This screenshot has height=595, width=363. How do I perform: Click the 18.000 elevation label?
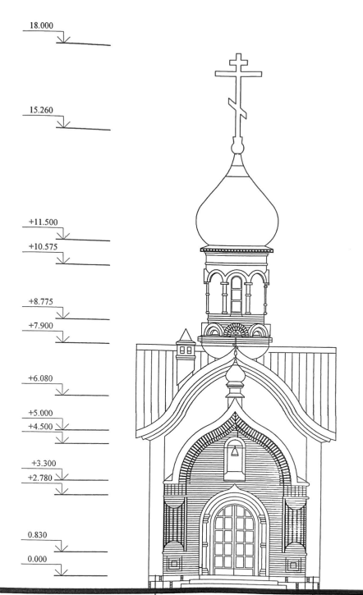coord(41,25)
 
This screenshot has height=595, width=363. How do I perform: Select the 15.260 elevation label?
coord(41,110)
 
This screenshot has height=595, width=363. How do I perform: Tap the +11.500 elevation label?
coord(44,222)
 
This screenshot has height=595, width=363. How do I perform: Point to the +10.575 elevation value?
coord(44,247)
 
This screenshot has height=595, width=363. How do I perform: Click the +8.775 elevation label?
coord(41,302)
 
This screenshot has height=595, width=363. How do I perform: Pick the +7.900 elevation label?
coord(41,326)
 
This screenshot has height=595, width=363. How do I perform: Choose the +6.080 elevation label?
coord(40,378)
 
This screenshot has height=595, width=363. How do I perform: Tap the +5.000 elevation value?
coord(40,413)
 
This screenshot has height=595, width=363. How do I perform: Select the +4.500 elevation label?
coord(40,427)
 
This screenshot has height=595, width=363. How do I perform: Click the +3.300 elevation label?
coord(44,464)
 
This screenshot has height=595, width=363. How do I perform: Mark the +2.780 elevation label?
coord(40,478)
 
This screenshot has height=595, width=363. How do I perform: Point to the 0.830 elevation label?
coord(37,535)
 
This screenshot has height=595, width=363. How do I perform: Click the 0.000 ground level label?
coord(37,559)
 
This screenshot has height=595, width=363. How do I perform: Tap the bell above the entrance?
coord(235,451)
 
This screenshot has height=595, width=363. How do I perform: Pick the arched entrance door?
coord(235,539)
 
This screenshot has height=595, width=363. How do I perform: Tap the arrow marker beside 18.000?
coord(64,38)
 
